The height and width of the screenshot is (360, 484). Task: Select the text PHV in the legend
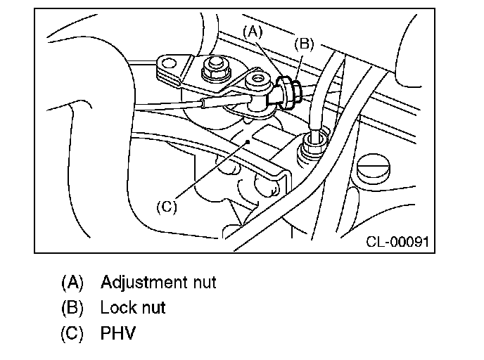point(117,332)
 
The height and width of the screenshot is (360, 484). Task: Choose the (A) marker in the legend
point(72,283)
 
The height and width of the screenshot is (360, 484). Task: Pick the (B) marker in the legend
point(72,307)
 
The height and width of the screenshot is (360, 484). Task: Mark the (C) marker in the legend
point(72,332)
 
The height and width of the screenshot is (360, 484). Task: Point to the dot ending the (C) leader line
point(248,141)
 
